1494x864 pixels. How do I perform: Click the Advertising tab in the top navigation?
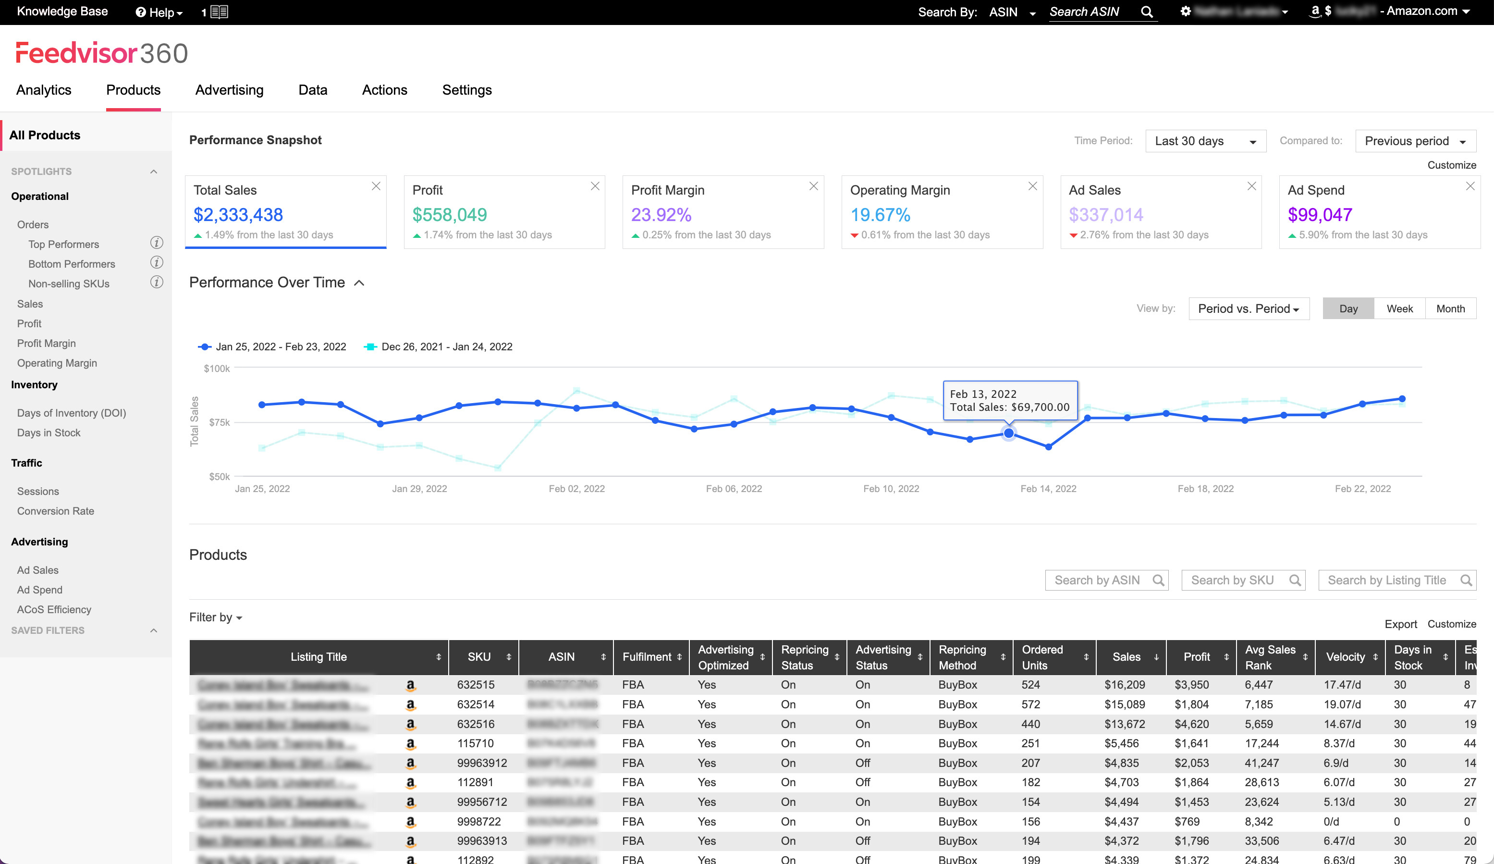[230, 90]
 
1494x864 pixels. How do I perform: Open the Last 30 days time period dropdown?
[1205, 141]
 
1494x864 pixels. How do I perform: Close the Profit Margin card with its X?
[813, 186]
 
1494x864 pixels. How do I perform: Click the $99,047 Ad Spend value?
[1320, 215]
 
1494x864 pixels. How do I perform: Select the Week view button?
[1399, 309]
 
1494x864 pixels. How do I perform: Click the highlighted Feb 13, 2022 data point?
[1008, 433]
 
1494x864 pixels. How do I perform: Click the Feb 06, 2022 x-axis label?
[734, 489]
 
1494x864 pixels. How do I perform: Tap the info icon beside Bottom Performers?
[157, 263]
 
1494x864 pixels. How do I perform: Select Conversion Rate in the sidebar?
[56, 511]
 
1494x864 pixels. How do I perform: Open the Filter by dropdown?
[216, 617]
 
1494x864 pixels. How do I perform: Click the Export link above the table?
[1400, 624]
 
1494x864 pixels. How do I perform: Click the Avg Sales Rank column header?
[1270, 657]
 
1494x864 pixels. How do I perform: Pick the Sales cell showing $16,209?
[1125, 685]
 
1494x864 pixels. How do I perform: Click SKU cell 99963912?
[481, 763]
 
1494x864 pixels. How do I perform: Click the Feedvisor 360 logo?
[101, 53]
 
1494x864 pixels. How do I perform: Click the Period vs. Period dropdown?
[1248, 309]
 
